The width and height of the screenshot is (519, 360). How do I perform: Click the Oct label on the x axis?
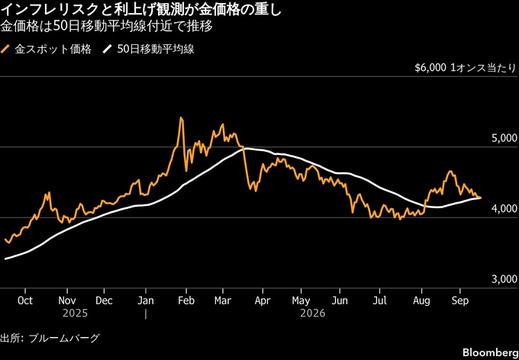[25, 301]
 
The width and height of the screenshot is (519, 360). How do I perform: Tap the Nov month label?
[67, 301]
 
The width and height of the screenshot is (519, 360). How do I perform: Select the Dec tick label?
[104, 301]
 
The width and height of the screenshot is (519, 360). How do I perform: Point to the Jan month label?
[146, 301]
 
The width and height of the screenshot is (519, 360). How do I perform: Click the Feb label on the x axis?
[186, 301]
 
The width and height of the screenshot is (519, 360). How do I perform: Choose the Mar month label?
[223, 301]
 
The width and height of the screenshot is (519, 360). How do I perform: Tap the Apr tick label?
[263, 301]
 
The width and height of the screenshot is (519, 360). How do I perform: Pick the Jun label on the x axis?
[340, 301]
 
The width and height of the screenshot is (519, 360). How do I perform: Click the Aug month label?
[421, 301]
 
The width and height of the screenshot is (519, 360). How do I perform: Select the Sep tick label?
[459, 301]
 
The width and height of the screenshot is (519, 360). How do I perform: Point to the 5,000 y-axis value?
[504, 138]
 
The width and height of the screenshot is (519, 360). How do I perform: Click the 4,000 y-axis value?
[504, 208]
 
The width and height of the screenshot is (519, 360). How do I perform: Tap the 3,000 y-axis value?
[504, 279]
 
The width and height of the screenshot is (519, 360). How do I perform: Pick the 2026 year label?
[313, 313]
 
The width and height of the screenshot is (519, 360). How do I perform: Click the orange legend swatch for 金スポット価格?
[5, 50]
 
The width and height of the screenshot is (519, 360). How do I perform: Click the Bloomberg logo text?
[490, 352]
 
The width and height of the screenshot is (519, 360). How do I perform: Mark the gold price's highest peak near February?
[181, 117]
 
